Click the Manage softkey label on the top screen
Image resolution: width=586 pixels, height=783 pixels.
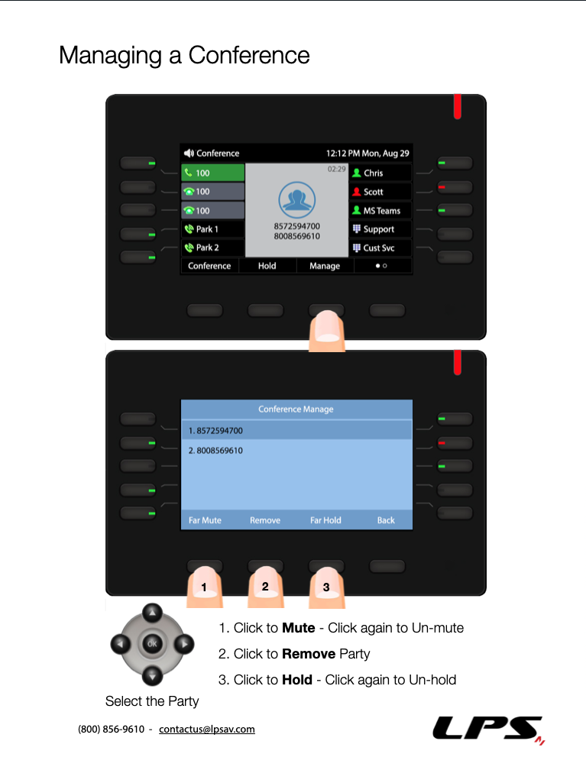325,266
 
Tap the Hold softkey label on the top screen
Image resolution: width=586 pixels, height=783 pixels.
267,266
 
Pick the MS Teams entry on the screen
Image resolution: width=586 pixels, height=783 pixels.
380,211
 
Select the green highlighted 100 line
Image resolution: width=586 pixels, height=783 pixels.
212,173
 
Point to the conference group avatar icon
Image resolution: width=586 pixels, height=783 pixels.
296,199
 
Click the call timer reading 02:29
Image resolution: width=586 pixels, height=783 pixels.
337,170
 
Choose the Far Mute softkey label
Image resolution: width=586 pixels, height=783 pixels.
205,520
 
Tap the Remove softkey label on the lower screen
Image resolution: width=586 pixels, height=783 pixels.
265,520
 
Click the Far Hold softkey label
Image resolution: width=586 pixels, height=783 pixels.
325,520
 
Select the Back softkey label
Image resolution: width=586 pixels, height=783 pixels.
386,520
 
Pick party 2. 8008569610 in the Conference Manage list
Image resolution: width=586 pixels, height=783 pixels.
215,451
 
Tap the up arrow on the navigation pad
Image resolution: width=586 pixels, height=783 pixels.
152,612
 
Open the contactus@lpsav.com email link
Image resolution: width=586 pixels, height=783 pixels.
207,729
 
